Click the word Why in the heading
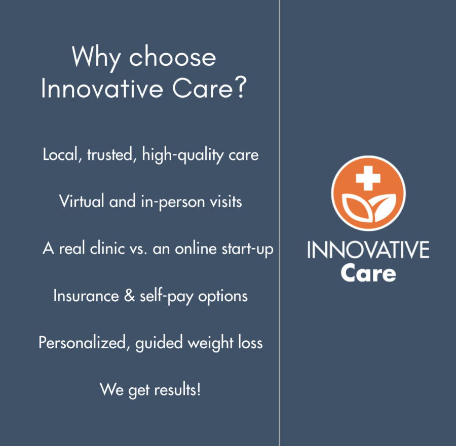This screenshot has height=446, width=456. (x=96, y=58)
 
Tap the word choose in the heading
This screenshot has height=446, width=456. (x=172, y=57)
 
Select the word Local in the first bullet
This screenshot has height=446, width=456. (x=60, y=154)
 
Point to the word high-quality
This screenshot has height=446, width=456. (x=182, y=155)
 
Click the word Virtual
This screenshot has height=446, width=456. (x=82, y=201)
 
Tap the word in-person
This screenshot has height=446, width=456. (x=173, y=202)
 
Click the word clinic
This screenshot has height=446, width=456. (x=107, y=249)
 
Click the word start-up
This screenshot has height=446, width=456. (x=247, y=249)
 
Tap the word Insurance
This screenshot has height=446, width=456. (x=86, y=296)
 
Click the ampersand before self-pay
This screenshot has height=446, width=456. (x=129, y=296)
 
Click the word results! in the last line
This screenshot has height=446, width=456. (x=177, y=390)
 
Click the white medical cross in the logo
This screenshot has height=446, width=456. (x=368, y=178)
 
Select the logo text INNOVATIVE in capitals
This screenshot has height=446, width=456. (x=368, y=250)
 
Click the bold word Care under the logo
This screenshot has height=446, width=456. (x=368, y=273)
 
